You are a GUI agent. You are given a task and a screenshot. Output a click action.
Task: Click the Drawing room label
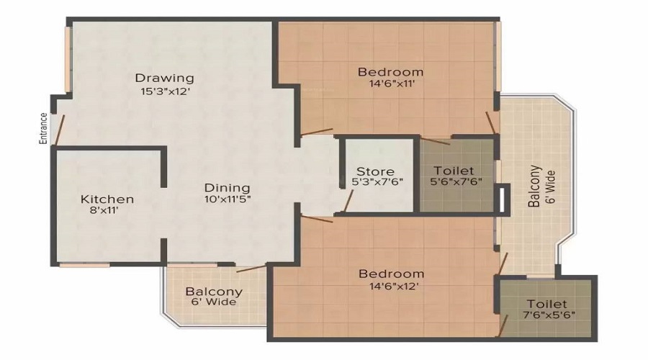coord(164,78)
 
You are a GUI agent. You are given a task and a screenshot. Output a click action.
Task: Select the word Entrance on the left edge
coord(44,129)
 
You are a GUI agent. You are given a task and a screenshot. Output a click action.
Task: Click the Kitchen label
coord(107,199)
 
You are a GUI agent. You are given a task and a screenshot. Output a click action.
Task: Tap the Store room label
coord(375,171)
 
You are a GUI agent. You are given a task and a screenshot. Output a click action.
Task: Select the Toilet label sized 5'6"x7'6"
coord(454,171)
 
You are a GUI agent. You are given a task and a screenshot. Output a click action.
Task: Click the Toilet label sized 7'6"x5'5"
coord(546,304)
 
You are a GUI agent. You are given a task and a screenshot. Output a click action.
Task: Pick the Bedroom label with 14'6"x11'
coord(390,72)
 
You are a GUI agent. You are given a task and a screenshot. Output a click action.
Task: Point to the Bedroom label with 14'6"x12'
coord(391,274)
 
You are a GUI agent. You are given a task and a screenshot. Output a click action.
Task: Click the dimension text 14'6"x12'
coord(391,287)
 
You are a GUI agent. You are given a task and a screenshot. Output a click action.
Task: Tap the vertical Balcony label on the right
coord(534,186)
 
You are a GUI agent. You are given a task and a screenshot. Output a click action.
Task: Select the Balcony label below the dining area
coord(213,292)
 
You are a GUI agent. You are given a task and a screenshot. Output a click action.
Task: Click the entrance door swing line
coord(60,127)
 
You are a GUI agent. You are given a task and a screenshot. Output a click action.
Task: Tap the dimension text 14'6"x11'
coord(390,84)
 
